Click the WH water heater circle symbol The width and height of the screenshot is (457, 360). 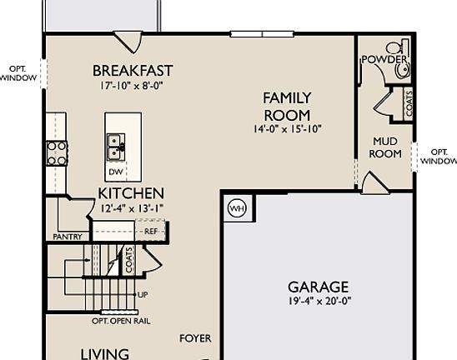tap(237, 208)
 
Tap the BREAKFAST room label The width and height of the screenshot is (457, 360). tap(133, 70)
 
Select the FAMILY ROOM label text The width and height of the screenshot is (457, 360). tap(287, 107)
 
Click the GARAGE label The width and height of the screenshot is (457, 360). tap(318, 287)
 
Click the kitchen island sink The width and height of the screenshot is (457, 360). tap(116, 147)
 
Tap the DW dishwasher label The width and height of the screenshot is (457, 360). tap(116, 171)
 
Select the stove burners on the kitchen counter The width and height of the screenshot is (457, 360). tap(57, 152)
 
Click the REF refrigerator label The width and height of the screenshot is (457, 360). tap(151, 231)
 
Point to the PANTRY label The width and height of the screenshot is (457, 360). tap(68, 237)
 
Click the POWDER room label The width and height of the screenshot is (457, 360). tap(384, 60)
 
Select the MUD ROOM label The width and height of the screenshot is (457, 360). tap(386, 147)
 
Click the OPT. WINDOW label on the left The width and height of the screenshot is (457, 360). tap(18, 73)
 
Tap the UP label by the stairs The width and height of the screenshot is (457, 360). tap(143, 295)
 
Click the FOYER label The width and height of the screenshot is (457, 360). tap(195, 338)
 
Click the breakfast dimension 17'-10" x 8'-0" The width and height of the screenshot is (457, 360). tap(133, 84)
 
